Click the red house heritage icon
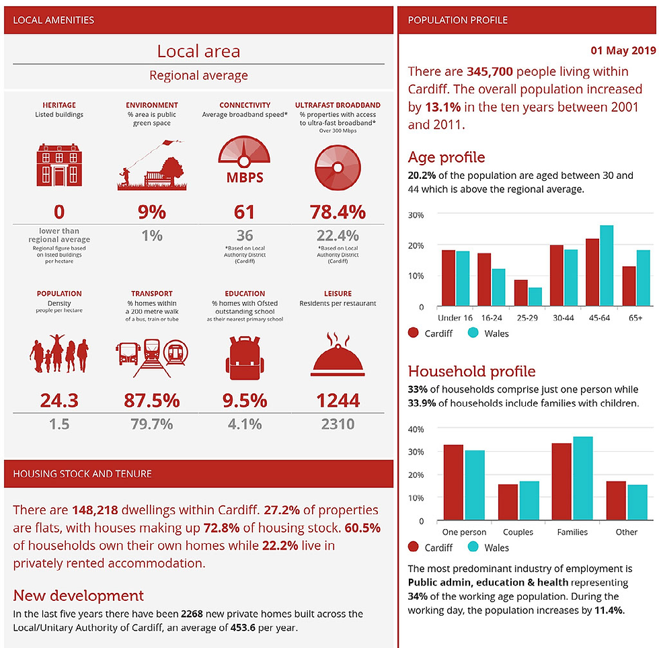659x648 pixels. [59, 165]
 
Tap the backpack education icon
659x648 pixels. [245, 354]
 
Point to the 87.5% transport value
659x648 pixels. [152, 401]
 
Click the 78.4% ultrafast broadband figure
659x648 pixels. [338, 212]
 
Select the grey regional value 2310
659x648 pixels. [338, 424]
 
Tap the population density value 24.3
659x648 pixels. [59, 401]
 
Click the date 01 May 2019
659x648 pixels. [623, 50]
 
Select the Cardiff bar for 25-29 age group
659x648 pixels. [502, 293]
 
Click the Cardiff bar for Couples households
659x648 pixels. [508, 502]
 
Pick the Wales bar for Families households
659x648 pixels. [582, 478]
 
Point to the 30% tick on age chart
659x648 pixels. [416, 215]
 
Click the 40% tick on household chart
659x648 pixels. [416, 429]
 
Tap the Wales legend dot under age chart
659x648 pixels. [473, 333]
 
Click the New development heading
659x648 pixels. [79, 596]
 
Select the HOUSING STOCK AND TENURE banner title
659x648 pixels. [82, 474]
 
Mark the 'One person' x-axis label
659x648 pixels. [464, 532]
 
